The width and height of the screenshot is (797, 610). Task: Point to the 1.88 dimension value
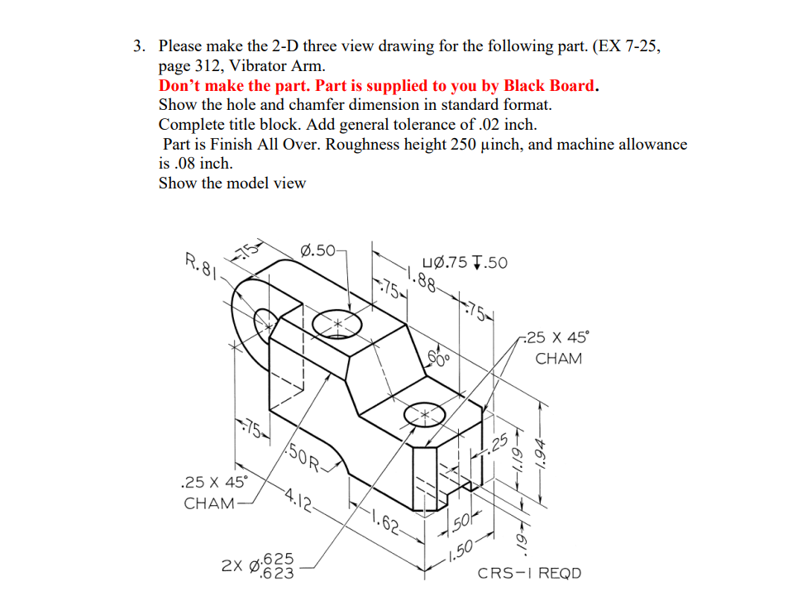pos(420,279)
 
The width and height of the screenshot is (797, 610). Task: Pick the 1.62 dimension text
pos(384,522)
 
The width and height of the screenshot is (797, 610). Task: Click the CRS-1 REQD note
pos(529,573)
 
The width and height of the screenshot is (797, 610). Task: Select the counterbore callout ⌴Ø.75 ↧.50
pos(465,263)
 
